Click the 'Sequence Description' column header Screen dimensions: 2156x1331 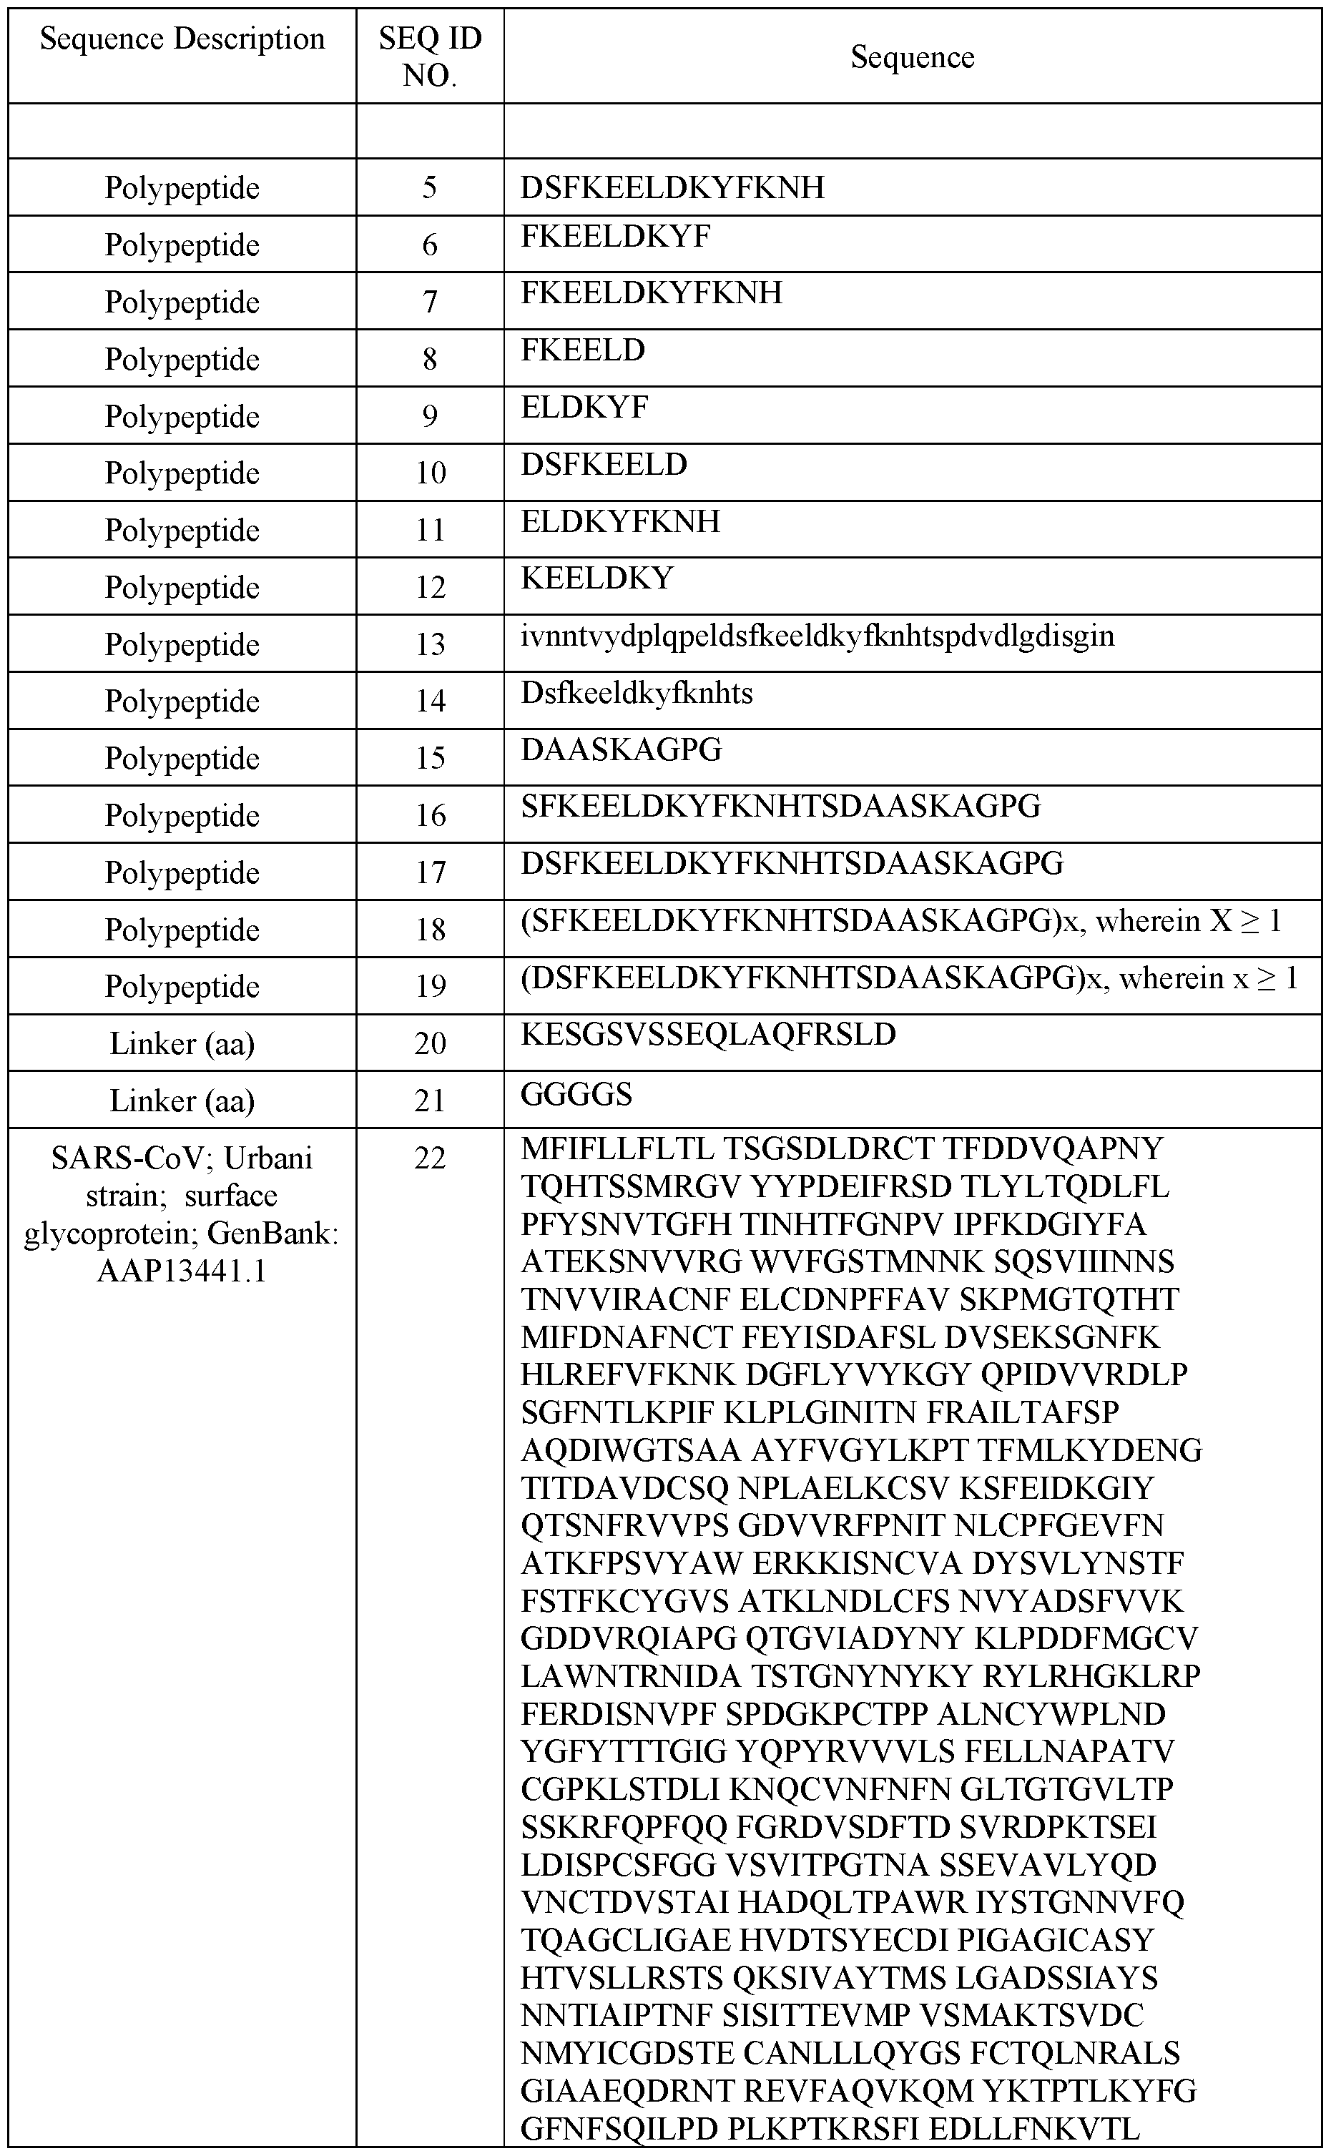(182, 39)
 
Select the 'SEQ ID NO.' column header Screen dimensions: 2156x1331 (430, 56)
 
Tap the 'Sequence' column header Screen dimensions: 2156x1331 (912, 57)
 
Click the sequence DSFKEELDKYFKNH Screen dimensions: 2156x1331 (672, 187)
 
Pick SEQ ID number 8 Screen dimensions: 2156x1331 (430, 359)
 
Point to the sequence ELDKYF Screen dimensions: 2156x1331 (584, 408)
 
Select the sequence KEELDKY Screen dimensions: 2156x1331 (596, 579)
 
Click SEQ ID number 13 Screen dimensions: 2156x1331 (430, 644)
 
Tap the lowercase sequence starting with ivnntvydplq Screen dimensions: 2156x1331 (817, 636)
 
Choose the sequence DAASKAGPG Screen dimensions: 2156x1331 (622, 749)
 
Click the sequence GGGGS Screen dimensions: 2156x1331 (576, 1094)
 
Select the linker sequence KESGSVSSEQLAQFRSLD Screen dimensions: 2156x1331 (708, 1034)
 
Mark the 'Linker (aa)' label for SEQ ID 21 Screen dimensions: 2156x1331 (182, 1100)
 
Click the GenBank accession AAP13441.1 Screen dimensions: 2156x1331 (182, 1271)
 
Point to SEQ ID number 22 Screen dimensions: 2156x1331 (430, 1158)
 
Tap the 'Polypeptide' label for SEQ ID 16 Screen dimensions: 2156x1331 (182, 816)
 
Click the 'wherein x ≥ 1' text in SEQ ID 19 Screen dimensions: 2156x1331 (1208, 978)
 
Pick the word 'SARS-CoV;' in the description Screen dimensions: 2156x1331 (132, 1158)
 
